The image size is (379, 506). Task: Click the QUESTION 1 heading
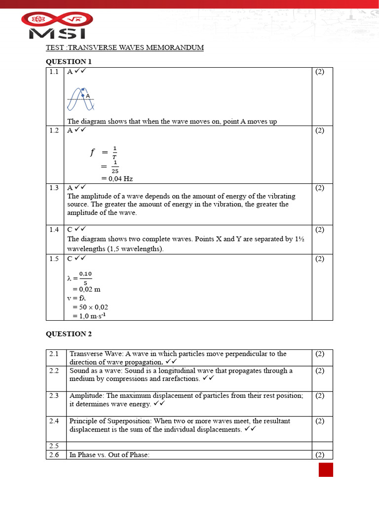[x=69, y=61]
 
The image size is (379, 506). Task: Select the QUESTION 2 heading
[x=69, y=334]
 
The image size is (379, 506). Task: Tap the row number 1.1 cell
[x=54, y=72]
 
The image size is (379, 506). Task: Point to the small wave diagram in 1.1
[x=80, y=99]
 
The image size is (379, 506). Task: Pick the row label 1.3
[x=54, y=188]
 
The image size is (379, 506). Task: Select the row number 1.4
[x=54, y=229]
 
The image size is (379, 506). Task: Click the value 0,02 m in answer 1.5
[x=86, y=289]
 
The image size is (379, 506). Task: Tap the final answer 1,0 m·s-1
[x=89, y=316]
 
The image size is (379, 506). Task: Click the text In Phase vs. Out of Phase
[x=109, y=455]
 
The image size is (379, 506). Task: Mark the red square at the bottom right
[x=326, y=469]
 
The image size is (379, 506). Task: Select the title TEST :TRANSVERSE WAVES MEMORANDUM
[x=124, y=47]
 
